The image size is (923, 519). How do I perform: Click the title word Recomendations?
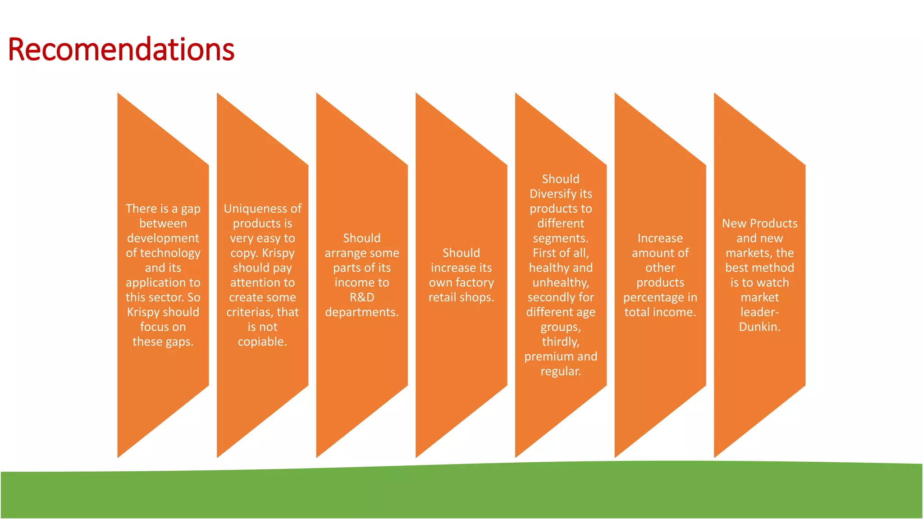(x=121, y=49)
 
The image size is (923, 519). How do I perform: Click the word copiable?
(x=262, y=342)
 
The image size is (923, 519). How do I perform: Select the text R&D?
(x=362, y=297)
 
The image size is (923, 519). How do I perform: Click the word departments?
(x=361, y=312)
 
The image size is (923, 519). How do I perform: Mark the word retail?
(x=442, y=297)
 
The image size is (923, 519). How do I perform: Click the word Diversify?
(x=553, y=194)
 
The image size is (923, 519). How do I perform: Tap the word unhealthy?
(x=560, y=283)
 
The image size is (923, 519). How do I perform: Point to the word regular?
(x=560, y=372)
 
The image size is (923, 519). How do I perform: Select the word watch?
(x=772, y=283)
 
